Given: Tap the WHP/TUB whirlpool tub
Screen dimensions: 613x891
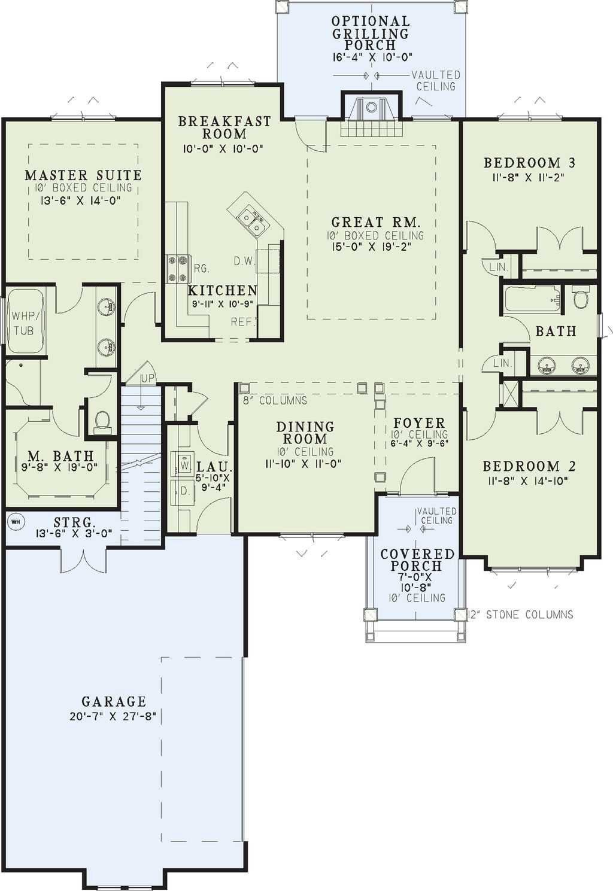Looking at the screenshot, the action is point(26,321).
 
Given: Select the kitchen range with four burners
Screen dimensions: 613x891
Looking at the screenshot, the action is point(178,269).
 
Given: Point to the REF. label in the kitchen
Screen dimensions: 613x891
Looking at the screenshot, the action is point(243,322).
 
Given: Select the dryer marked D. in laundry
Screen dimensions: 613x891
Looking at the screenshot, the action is point(182,492).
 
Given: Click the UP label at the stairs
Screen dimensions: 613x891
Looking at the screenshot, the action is point(147,378).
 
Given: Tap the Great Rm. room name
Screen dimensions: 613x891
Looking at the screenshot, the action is point(376,222).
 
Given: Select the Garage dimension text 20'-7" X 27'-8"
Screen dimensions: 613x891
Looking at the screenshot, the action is point(113,717).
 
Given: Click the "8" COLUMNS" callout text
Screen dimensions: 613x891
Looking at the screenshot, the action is point(275,400).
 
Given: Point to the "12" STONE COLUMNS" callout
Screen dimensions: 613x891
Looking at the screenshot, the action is point(520,615).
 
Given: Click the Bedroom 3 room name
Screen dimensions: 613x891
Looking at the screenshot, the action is point(529,163).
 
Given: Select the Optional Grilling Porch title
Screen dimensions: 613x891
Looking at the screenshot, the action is point(371,33).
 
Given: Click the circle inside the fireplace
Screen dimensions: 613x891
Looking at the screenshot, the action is point(371,107).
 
